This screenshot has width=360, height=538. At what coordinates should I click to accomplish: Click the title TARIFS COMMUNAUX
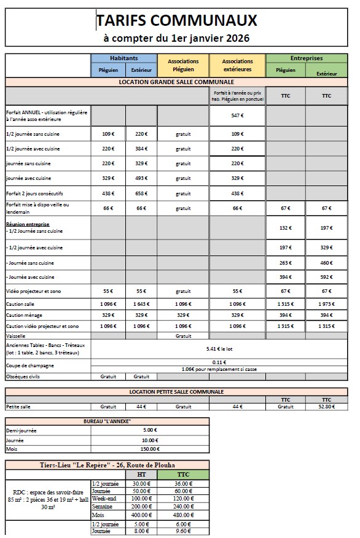(177, 22)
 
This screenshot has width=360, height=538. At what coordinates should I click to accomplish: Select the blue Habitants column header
(125, 58)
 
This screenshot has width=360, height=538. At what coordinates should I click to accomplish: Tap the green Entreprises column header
(306, 58)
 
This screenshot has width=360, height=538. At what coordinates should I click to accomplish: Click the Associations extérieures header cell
(237, 65)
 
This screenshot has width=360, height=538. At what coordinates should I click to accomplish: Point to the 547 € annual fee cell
(237, 115)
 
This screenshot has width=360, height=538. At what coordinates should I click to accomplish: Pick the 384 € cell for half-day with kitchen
(141, 149)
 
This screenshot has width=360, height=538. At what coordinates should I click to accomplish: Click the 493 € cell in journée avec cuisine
(141, 178)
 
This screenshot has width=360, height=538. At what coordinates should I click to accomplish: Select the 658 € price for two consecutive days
(141, 193)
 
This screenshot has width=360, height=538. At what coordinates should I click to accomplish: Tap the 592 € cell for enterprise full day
(326, 277)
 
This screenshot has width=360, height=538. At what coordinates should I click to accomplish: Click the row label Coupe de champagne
(29, 365)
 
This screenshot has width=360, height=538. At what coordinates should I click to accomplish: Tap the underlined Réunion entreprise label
(28, 225)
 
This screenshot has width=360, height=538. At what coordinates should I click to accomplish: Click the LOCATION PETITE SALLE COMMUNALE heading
(176, 391)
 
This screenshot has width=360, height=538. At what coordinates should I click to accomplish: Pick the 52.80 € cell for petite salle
(326, 406)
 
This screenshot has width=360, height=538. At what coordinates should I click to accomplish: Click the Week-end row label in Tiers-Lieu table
(102, 498)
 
